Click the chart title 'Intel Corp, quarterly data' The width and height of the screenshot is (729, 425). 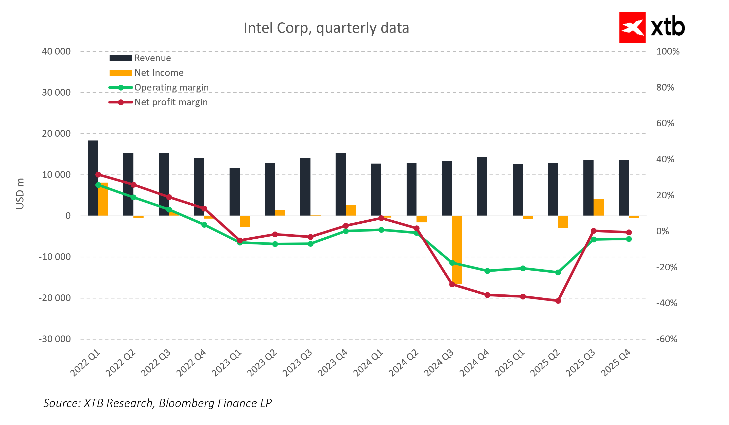[326, 28]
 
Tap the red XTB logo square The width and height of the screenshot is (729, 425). [632, 27]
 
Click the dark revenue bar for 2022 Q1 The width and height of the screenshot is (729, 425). [93, 178]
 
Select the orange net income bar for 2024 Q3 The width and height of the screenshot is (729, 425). [457, 250]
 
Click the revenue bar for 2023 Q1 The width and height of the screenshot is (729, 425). [235, 192]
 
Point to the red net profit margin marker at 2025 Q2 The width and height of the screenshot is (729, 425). [558, 301]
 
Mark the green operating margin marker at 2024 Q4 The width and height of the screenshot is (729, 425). [487, 271]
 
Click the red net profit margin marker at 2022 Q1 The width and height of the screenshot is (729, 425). [98, 175]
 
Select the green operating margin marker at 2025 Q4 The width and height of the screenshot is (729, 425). [629, 239]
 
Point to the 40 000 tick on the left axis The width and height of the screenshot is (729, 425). [56, 52]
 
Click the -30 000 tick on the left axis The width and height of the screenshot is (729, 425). [55, 339]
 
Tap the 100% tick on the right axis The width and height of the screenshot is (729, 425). [668, 52]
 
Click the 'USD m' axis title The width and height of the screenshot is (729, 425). [20, 193]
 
